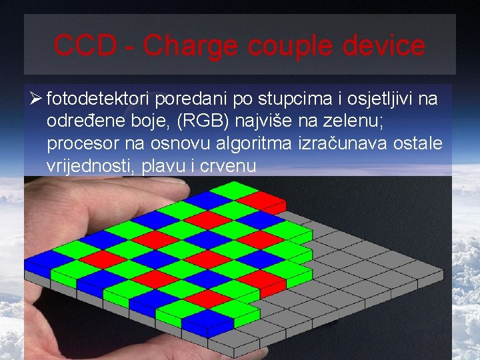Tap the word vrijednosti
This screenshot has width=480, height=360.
click(91, 166)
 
